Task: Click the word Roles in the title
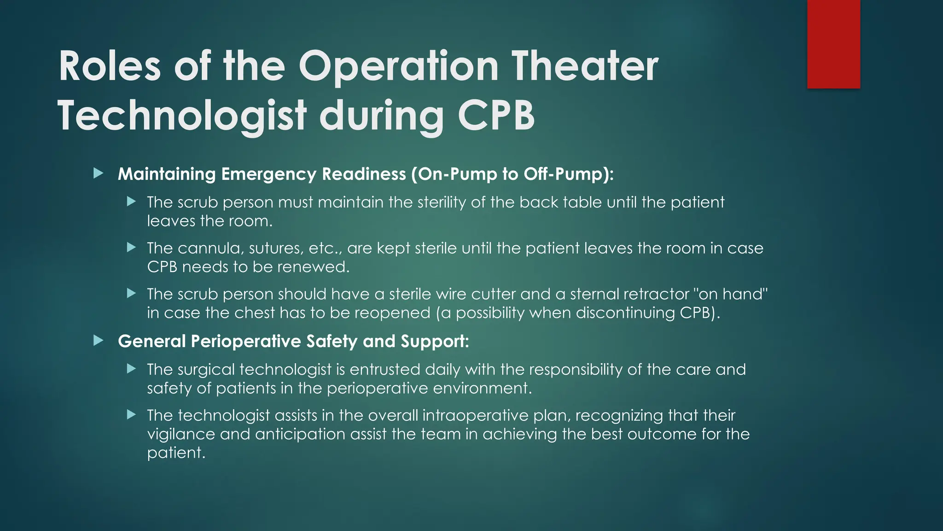click(110, 66)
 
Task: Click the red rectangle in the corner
click(833, 44)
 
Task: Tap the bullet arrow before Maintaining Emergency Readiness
click(98, 174)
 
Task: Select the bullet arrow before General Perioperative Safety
click(98, 341)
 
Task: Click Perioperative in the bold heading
click(246, 342)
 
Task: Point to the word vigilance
click(181, 434)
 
